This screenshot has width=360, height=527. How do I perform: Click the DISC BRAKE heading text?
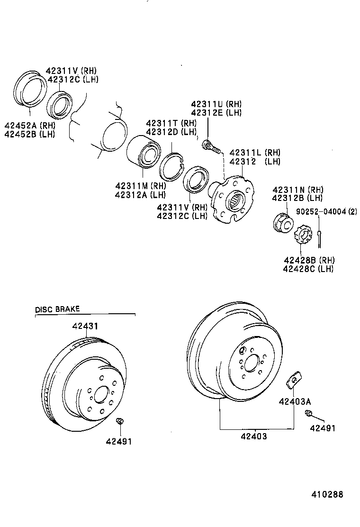(x=57, y=309)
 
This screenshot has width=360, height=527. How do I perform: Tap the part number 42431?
(x=86, y=327)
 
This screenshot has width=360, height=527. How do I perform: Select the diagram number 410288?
(x=327, y=494)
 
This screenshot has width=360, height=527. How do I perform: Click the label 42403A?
(x=294, y=402)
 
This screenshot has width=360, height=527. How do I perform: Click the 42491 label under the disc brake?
(x=119, y=441)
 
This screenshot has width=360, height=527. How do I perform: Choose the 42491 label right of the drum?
(x=323, y=428)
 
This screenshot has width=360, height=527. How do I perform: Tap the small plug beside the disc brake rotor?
(x=120, y=421)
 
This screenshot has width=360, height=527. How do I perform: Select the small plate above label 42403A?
(x=293, y=379)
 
